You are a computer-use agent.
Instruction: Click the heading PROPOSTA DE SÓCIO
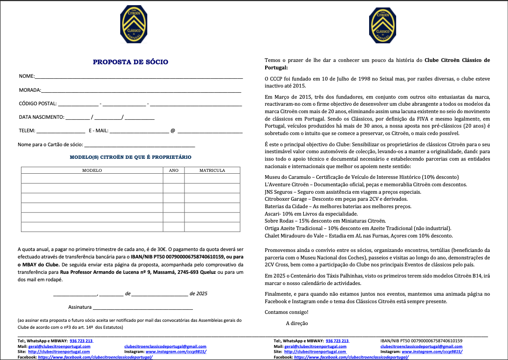point(130,62)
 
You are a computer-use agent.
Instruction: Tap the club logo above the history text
point(383,25)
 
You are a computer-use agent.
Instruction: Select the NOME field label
point(27,76)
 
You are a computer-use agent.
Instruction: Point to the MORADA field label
point(30,90)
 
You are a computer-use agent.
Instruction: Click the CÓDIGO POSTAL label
point(38,103)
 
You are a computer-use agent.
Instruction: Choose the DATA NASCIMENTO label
point(41,117)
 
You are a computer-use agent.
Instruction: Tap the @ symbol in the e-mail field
point(172,131)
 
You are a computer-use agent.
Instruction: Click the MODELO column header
point(92,170)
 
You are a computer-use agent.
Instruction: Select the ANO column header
point(173,170)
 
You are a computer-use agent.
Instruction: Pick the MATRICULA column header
point(212,170)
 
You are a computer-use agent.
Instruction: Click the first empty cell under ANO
point(173,178)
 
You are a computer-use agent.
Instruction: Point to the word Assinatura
point(80,307)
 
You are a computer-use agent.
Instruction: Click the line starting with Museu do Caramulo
point(362,177)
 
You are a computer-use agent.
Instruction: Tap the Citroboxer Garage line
point(335,199)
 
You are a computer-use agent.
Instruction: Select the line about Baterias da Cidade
point(338,206)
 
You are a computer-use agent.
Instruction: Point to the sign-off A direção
point(297,323)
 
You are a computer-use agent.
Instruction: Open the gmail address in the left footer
point(165,346)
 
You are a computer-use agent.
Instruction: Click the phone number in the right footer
point(337,341)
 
